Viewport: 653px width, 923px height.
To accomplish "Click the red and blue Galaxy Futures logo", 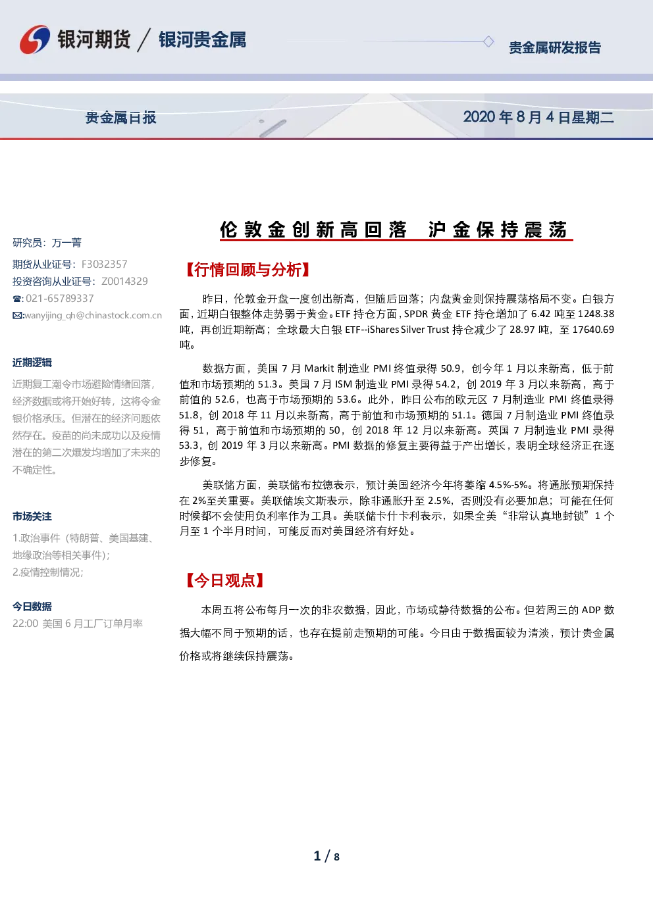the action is click(35, 39).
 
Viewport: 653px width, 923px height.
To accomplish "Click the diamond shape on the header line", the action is click(488, 41).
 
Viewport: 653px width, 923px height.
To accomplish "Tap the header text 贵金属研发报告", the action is click(555, 48).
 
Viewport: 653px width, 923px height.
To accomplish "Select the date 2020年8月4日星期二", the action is click(538, 118).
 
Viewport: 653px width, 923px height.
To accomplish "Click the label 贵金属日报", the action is click(120, 118).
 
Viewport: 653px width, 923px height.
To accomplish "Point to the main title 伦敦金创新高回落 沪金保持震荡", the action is click(396, 230).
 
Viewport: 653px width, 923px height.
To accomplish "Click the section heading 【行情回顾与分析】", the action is click(248, 270).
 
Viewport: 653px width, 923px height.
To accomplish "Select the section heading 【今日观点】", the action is click(224, 580).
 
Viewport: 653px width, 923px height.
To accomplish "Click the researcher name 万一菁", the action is click(66, 243).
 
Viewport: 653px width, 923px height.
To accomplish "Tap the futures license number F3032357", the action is click(104, 264).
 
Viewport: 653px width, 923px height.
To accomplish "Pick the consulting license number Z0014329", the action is click(124, 281).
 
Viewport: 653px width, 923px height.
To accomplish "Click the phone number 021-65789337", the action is click(60, 298).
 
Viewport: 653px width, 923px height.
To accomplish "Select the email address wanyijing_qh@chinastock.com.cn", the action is click(93, 316).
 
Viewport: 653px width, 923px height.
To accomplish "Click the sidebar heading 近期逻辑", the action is click(32, 362).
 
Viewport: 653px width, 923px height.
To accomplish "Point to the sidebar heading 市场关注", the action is click(32, 516).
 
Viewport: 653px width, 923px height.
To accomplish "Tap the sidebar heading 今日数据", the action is click(32, 606).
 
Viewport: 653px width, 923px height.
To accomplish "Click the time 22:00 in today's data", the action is click(25, 624).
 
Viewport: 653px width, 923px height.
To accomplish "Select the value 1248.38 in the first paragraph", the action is click(596, 314).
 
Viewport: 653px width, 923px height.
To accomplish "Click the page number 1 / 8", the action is click(326, 857).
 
